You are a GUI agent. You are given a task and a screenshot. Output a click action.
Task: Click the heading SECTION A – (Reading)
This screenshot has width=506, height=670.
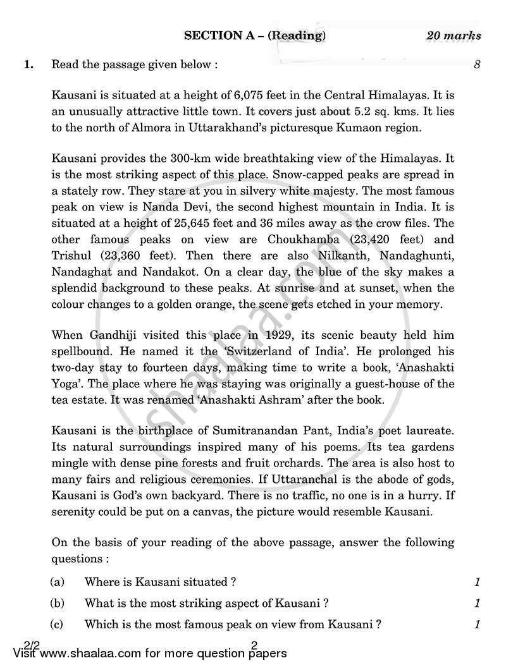pos(255,35)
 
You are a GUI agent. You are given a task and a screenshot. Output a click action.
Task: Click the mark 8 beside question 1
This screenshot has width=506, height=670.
pos(477,64)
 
